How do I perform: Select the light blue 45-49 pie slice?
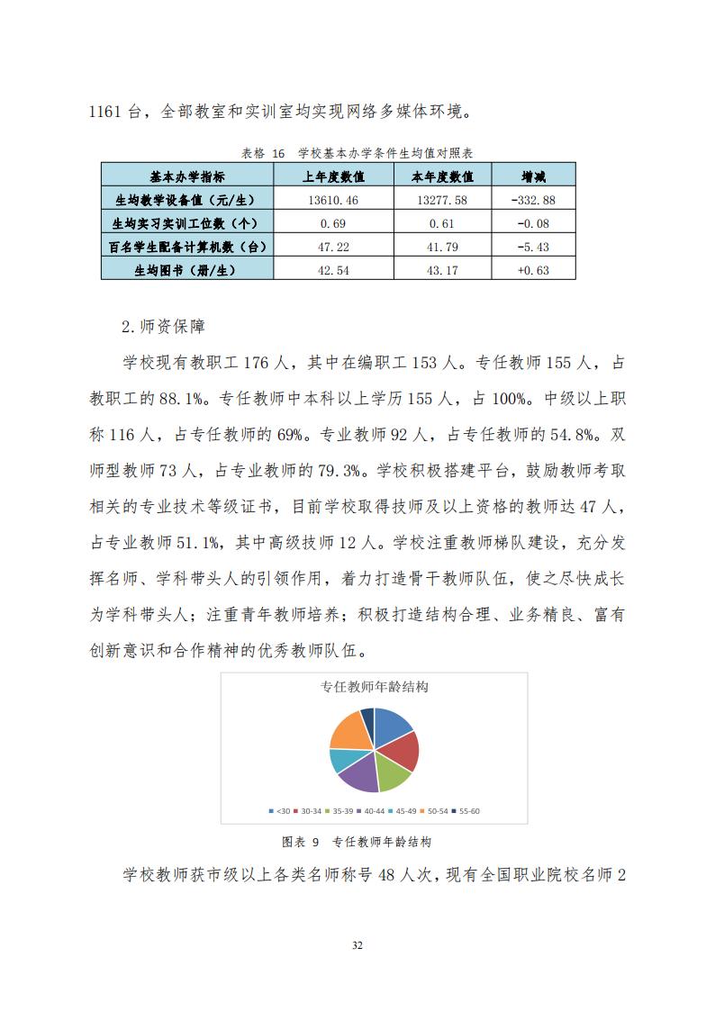point(339,760)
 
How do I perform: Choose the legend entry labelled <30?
point(280,811)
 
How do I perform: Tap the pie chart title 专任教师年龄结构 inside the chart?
point(374,687)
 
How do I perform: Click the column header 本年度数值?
point(442,176)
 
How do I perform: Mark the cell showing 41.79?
point(442,246)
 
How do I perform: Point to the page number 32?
point(357,945)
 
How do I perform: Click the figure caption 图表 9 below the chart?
point(302,843)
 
